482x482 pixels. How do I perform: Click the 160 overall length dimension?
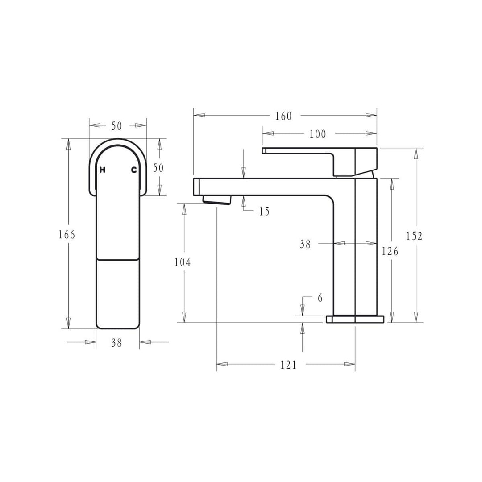(x=283, y=116)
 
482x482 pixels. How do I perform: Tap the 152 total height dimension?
(x=414, y=236)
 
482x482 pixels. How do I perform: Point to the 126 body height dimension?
(x=390, y=251)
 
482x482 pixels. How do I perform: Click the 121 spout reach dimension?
(x=288, y=365)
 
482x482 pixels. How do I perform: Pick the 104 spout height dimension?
(x=182, y=262)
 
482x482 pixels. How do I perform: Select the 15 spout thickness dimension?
(x=264, y=211)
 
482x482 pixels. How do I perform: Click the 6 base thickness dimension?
(x=320, y=298)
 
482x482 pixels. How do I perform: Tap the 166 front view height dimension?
(x=66, y=235)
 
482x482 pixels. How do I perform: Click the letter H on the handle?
(x=102, y=170)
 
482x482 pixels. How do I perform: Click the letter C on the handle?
(x=133, y=170)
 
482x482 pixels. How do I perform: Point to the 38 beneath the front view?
(x=116, y=343)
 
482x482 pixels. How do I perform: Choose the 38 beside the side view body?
(x=305, y=244)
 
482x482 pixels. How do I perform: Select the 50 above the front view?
(x=116, y=126)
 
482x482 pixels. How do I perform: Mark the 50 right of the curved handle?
(x=158, y=168)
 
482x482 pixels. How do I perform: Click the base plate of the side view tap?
(x=355, y=319)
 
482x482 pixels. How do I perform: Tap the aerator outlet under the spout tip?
(x=217, y=200)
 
